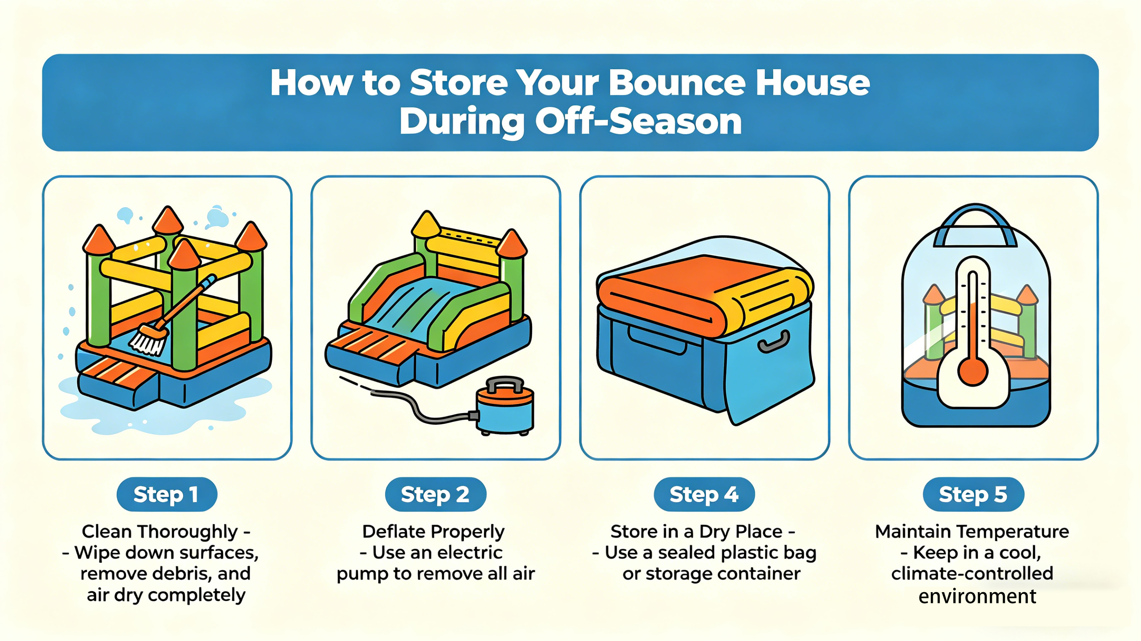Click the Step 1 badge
[166, 494]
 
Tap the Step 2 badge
[436, 494]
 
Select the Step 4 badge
[704, 494]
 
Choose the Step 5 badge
[973, 494]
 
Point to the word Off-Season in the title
[639, 121]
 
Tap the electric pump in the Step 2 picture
[505, 405]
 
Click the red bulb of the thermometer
[973, 371]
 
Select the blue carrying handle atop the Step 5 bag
[975, 226]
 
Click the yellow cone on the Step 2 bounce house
[426, 224]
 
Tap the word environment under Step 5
[977, 596]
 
